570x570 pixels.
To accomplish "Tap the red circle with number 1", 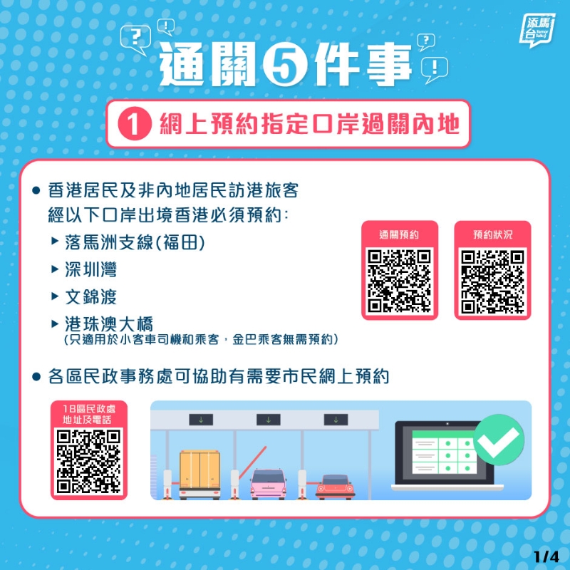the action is point(135,123).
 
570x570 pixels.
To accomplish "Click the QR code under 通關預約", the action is point(400,281).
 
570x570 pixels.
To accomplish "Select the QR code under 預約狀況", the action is point(492,281).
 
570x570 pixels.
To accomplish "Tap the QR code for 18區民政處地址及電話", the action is point(88,461).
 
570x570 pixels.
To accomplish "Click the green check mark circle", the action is point(499,440).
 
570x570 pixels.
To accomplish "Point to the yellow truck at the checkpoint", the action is point(199,474).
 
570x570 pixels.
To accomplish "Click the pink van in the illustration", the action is point(268,484).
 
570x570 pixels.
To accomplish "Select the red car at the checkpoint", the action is point(335,487).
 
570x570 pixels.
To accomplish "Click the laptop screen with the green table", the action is point(443,453).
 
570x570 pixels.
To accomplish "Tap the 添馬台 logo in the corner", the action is point(537,30).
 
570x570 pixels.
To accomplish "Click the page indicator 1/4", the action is point(546,556).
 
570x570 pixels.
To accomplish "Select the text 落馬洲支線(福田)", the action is point(135,242).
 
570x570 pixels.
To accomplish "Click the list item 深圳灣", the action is point(91,269).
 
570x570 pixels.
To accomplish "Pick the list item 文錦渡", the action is point(91,296).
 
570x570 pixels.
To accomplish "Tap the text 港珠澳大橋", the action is point(109,324).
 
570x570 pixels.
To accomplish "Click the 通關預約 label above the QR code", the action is point(399,234).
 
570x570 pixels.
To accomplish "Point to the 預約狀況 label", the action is point(492,234).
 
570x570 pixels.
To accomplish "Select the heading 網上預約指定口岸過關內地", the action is point(309,124).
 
